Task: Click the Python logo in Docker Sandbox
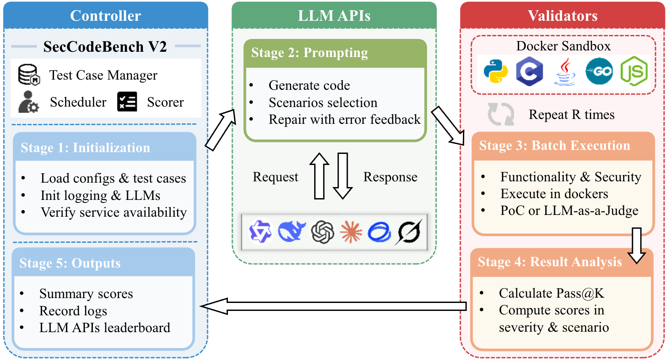(495, 71)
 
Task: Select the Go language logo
(599, 71)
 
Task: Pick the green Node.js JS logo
(634, 72)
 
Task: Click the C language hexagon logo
(529, 72)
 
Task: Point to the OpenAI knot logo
(322, 232)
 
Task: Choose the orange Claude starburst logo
(351, 232)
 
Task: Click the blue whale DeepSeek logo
(292, 231)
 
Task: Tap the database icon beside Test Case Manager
(29, 75)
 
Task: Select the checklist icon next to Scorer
(127, 102)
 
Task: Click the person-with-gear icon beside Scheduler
(28, 102)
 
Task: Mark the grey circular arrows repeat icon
(500, 114)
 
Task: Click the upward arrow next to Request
(319, 176)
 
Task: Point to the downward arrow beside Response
(343, 176)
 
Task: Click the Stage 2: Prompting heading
(309, 53)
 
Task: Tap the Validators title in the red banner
(562, 16)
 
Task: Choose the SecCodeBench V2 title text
(105, 46)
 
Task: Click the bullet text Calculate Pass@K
(551, 293)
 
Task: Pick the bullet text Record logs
(73, 311)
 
